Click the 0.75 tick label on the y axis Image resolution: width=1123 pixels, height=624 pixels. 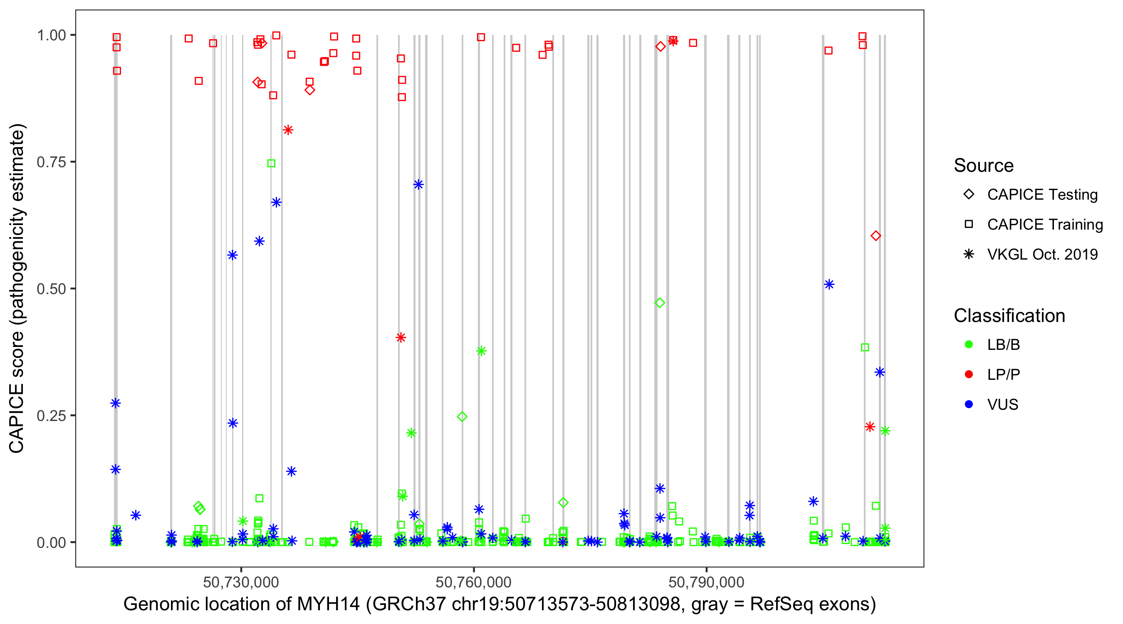pos(51,162)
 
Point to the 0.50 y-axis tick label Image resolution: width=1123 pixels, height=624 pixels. pos(51,289)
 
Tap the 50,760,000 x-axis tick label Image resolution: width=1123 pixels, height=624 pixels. pos(473,582)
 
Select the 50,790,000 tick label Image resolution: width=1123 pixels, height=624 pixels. pos(706,582)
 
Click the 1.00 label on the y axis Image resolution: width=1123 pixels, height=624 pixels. pos(51,35)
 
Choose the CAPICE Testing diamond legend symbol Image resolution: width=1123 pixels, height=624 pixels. pos(969,195)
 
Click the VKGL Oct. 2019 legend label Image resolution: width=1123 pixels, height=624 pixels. pos(1042,255)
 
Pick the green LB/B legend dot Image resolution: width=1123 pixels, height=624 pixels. pos(969,345)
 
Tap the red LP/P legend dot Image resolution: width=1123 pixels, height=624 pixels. pos(969,374)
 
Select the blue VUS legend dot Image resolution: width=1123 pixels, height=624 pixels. pos(969,405)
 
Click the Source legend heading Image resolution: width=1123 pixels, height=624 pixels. pos(984,166)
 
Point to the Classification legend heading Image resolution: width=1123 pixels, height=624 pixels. pos(1009,316)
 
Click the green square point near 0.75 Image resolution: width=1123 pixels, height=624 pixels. pos(271,163)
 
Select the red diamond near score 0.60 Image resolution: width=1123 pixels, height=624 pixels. pos(876,236)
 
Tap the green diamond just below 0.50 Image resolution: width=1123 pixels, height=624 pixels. pos(660,302)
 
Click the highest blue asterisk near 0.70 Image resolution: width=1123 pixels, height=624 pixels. pos(418,185)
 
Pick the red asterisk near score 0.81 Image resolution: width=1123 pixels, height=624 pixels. pos(288,130)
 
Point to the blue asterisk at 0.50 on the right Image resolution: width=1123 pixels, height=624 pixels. pos(829,285)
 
